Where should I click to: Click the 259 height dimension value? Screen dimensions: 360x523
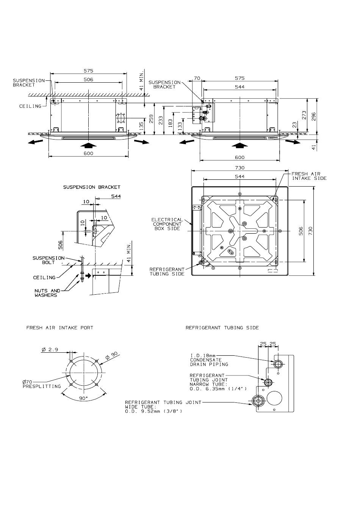152,119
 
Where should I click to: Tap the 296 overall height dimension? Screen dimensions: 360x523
313,116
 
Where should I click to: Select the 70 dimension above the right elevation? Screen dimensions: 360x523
197,78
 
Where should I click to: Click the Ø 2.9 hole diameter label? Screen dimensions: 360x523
50,350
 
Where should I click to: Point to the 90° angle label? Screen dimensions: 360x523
83,398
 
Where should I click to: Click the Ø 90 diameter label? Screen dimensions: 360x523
111,356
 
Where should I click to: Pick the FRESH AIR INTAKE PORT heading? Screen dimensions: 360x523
60,328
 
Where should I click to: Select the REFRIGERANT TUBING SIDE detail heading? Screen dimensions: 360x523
222,328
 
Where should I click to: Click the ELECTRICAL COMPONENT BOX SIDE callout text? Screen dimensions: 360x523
167,224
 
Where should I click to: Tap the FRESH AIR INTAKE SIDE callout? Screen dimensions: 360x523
309,176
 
